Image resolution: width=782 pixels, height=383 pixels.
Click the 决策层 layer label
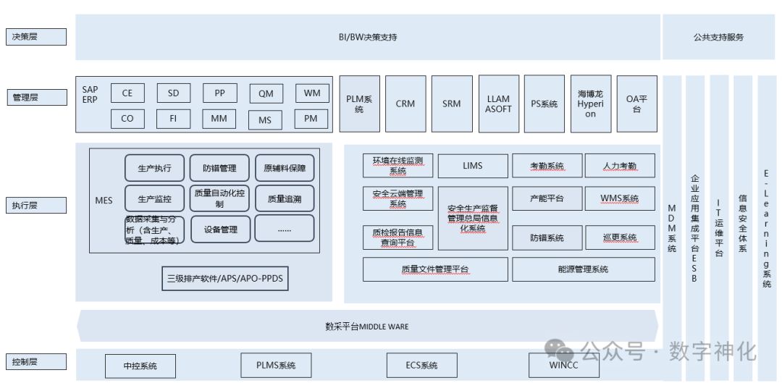[35, 37]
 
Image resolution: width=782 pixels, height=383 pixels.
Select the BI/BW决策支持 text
[368, 37]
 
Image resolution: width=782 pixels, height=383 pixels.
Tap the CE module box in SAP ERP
[127, 93]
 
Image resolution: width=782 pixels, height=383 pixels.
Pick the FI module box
[173, 118]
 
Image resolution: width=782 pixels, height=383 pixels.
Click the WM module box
[312, 93]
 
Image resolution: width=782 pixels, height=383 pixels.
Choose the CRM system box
[405, 104]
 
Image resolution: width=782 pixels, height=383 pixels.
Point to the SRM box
[452, 104]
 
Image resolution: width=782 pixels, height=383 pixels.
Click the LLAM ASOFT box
[498, 104]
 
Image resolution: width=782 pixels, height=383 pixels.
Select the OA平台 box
[636, 104]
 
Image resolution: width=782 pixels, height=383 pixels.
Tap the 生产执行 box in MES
[154, 168]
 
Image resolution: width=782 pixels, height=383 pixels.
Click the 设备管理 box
[220, 230]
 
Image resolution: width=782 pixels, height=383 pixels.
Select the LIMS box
[472, 166]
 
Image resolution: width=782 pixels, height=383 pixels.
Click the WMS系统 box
[619, 198]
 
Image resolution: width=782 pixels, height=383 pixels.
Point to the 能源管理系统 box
[583, 269]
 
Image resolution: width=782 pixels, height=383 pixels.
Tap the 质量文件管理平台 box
[435, 269]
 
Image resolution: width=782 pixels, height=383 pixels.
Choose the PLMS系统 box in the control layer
[276, 365]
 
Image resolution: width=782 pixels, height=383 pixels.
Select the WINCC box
[563, 365]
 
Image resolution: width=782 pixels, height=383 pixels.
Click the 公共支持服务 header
[718, 37]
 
